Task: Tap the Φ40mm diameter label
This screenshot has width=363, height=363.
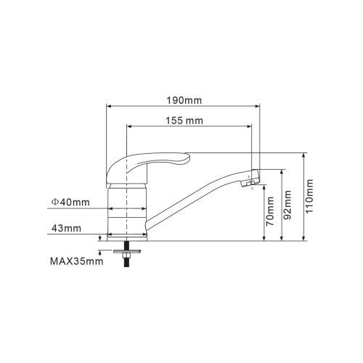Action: [70, 201]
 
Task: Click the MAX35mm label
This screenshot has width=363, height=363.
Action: [76, 261]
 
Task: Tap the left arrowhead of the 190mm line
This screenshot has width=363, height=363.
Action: [110, 105]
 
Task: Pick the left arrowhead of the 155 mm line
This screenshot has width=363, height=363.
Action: [130, 126]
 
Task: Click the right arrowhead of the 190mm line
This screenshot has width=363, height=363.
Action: [258, 105]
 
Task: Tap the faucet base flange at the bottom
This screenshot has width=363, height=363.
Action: [127, 235]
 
